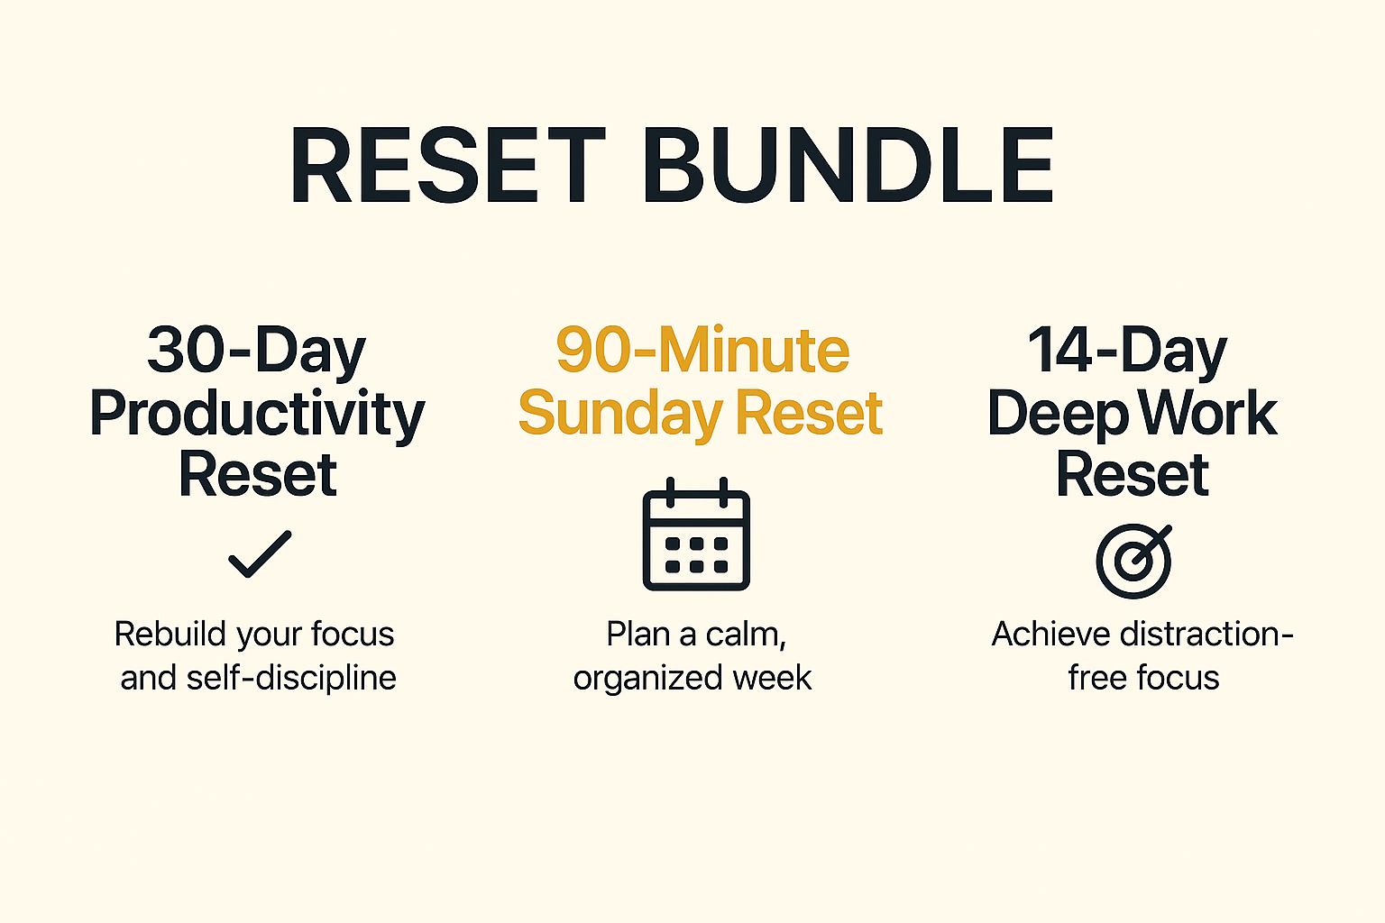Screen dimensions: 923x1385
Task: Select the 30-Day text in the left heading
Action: pos(257,351)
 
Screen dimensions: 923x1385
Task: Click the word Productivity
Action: pos(257,414)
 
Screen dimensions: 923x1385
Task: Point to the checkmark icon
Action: pos(260,553)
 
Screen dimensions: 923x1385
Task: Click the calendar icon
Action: pos(696,535)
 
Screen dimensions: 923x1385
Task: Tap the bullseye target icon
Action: pos(1134,561)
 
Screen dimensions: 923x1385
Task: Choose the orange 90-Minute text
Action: pos(702,351)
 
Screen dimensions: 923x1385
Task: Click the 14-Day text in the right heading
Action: pos(1127,351)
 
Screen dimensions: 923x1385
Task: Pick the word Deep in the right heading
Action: pos(1058,414)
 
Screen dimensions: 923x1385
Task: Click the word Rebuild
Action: pos(169,635)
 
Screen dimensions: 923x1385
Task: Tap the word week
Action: pos(773,678)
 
